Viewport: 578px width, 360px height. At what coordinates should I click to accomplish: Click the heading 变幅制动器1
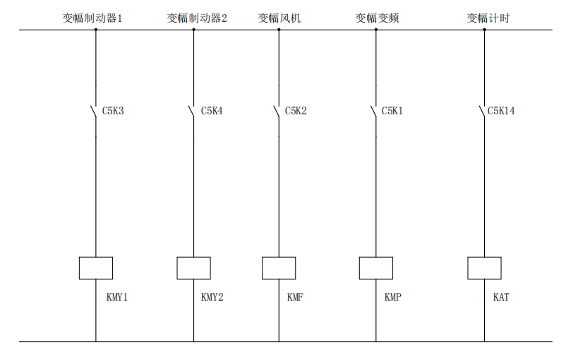click(x=92, y=18)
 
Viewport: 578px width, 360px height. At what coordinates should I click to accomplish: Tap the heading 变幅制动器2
click(x=197, y=18)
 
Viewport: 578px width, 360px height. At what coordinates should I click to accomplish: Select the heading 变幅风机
click(x=279, y=18)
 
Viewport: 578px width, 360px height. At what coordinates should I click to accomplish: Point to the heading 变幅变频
click(x=377, y=18)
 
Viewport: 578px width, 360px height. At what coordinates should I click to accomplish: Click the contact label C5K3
click(x=113, y=111)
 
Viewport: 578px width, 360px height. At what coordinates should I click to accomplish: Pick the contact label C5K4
click(x=212, y=111)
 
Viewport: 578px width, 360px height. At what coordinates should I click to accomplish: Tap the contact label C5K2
click(x=296, y=111)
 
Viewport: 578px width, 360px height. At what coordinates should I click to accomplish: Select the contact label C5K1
click(x=392, y=111)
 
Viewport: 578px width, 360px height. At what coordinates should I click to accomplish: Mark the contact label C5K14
click(x=501, y=111)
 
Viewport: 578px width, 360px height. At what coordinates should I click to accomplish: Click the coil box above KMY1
click(x=96, y=268)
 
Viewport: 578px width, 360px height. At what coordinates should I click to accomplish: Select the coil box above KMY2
click(x=193, y=268)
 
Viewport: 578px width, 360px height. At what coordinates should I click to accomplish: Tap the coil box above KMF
click(x=279, y=268)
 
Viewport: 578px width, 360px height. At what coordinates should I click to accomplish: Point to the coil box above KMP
click(x=375, y=268)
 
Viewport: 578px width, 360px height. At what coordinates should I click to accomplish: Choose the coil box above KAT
click(x=484, y=268)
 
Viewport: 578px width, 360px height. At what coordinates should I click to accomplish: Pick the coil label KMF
click(x=295, y=297)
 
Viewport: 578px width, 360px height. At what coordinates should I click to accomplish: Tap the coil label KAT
click(x=500, y=297)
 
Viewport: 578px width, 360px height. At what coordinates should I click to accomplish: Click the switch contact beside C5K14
click(x=483, y=112)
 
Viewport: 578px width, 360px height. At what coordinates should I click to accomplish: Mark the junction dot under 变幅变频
click(x=375, y=30)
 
